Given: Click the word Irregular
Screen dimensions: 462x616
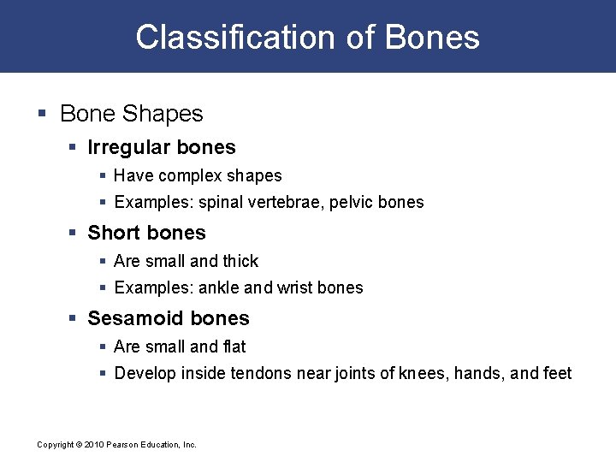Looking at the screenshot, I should (127, 147).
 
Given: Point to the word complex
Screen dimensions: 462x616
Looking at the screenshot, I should (188, 176).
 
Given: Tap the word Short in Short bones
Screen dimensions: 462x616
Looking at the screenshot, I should (112, 233).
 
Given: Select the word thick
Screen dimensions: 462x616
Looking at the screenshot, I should (240, 261).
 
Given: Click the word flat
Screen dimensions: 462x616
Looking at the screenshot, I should (234, 346).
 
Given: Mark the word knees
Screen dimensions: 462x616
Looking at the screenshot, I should (420, 374).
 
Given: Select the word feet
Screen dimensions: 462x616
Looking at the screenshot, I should (557, 374).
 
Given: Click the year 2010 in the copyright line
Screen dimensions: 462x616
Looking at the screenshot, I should (93, 445).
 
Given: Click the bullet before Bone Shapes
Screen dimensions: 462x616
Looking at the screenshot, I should (44, 114).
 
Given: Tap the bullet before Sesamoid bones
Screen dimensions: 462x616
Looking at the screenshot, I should (74, 318).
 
